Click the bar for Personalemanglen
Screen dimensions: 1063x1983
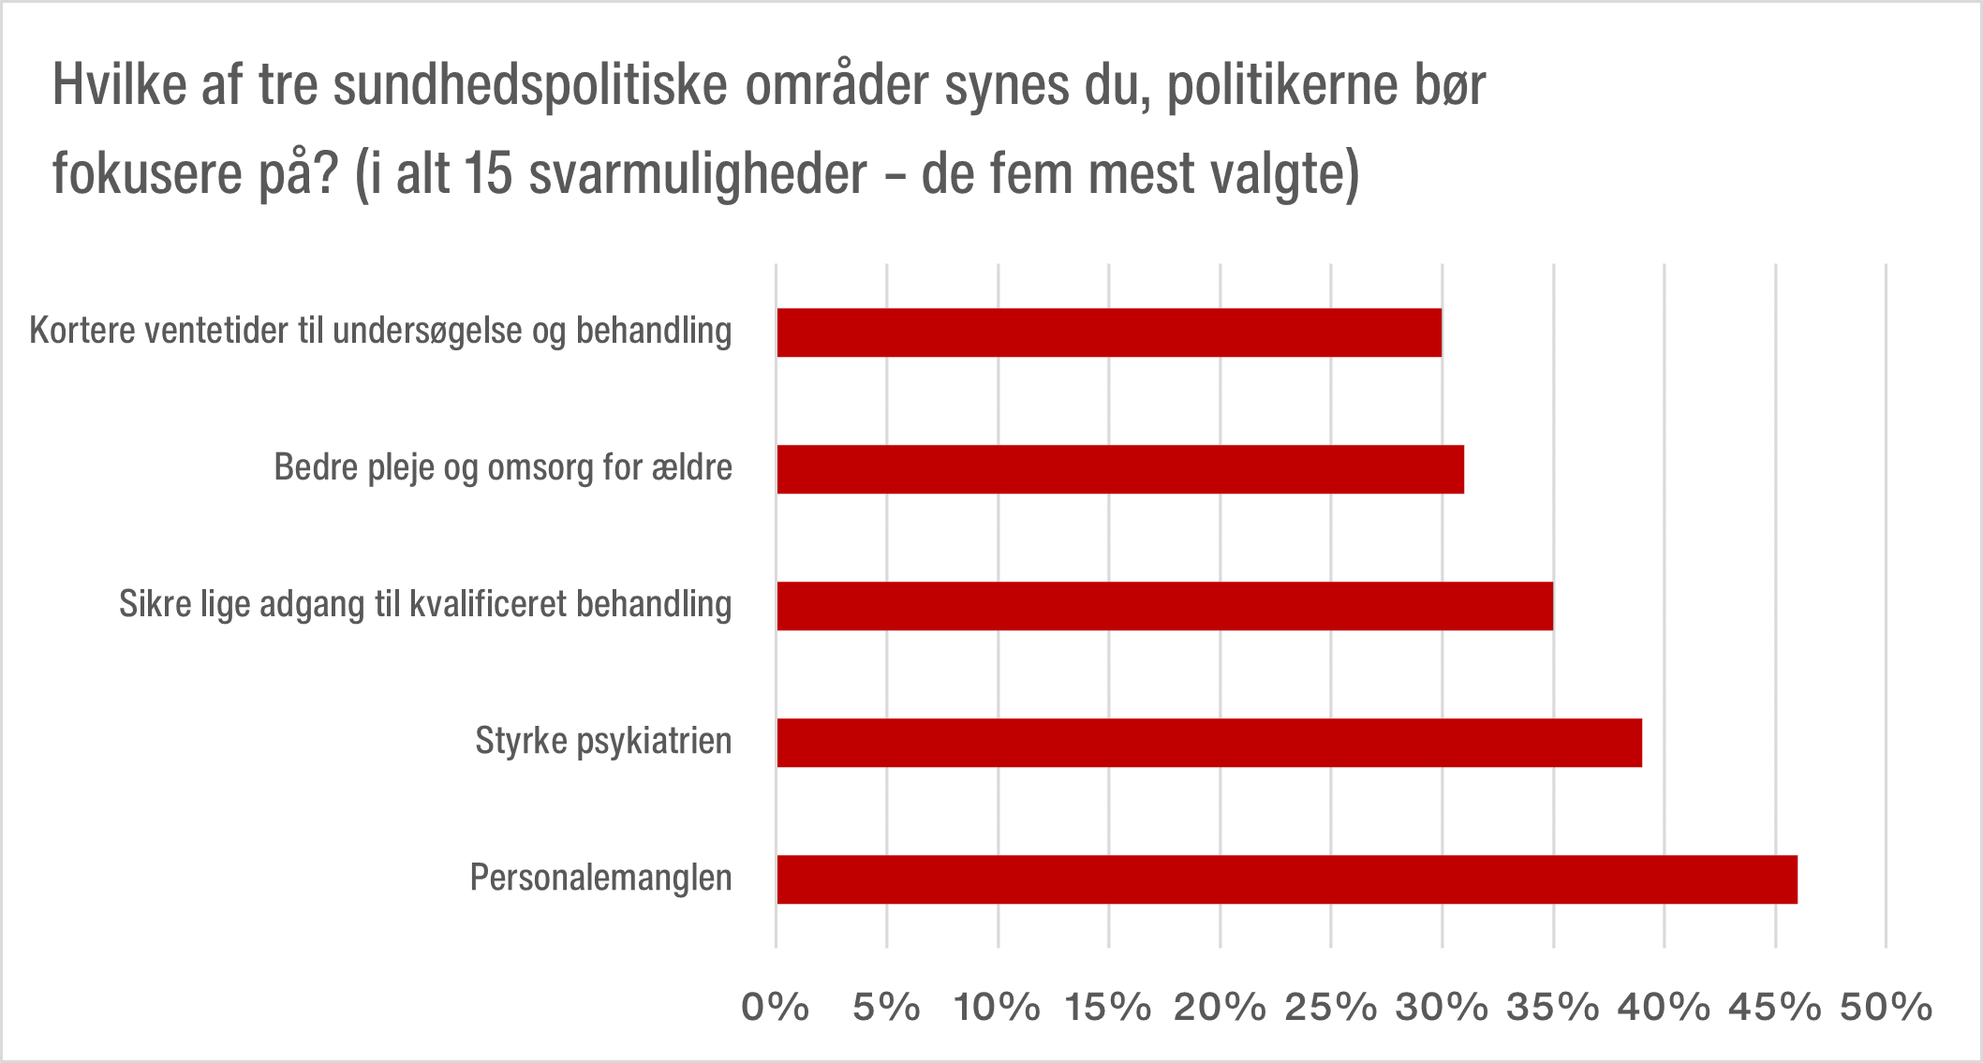click(x=1286, y=879)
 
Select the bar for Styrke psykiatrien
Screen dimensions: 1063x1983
click(x=1208, y=743)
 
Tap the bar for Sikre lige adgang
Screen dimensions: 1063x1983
click(x=1164, y=606)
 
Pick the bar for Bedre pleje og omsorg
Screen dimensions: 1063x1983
click(x=1119, y=469)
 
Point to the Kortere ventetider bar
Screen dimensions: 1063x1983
click(x=1108, y=332)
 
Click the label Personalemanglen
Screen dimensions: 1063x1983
click(x=600, y=878)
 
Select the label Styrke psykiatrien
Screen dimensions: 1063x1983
click(x=603, y=742)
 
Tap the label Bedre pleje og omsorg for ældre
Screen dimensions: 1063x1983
click(x=503, y=467)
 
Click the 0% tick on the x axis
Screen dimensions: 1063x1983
click(x=775, y=1008)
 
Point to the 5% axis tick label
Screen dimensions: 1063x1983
click(x=886, y=1008)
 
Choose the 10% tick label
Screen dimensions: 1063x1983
click(x=997, y=1008)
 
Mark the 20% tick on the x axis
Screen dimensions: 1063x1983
click(x=1220, y=1008)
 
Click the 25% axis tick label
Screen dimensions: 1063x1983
click(x=1330, y=1008)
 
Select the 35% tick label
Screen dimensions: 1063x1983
click(x=1552, y=1008)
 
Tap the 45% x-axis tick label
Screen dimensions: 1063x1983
click(x=1774, y=1008)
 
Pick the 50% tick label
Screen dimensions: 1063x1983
click(x=1886, y=1008)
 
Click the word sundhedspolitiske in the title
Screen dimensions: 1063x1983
click(x=529, y=87)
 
